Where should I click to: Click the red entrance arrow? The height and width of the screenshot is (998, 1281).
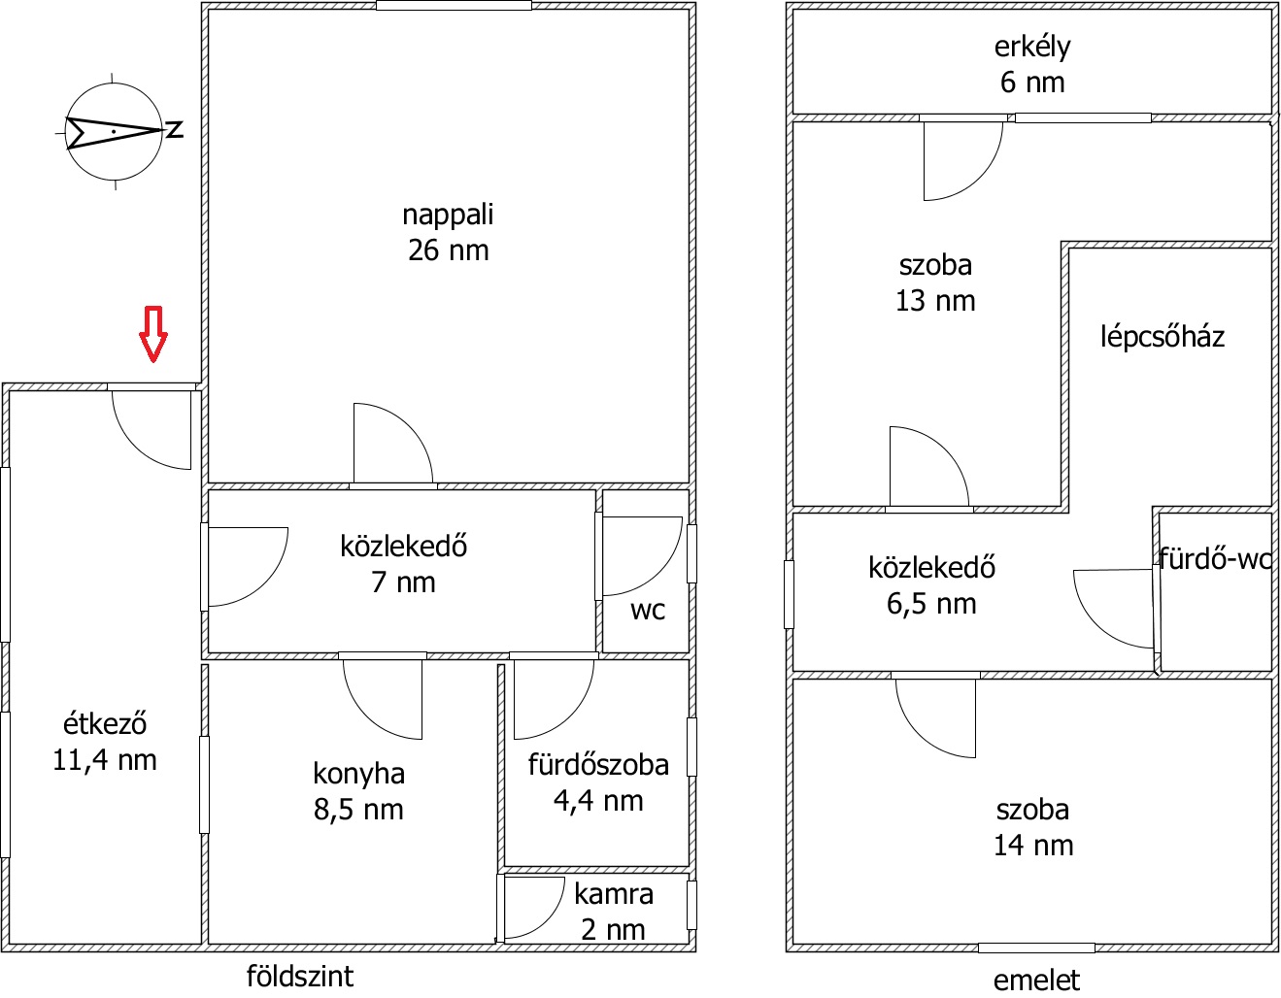(x=153, y=333)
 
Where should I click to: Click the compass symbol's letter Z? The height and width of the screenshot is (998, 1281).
(x=175, y=130)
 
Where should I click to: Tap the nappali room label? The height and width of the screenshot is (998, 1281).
(x=448, y=216)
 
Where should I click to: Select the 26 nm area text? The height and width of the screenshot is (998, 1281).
(x=448, y=250)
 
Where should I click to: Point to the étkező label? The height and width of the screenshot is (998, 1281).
(x=105, y=723)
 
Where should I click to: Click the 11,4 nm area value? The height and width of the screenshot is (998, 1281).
(x=105, y=760)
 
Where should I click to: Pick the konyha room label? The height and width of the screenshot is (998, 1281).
(x=358, y=774)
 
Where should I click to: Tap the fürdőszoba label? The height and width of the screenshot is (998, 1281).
(x=598, y=765)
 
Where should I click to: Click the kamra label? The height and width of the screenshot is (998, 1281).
(x=614, y=894)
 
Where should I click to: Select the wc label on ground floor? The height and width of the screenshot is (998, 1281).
(x=647, y=611)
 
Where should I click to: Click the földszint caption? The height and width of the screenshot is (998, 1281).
(x=299, y=977)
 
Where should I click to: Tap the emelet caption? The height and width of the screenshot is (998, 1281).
(x=1036, y=981)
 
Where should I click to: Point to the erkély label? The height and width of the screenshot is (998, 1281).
(x=1032, y=48)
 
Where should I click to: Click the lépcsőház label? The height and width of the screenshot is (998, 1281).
(x=1163, y=337)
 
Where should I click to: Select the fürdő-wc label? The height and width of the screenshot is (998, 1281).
(x=1214, y=558)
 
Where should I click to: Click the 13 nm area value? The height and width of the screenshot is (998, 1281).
(x=935, y=301)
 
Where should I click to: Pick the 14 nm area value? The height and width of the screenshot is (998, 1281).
(x=1032, y=846)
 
